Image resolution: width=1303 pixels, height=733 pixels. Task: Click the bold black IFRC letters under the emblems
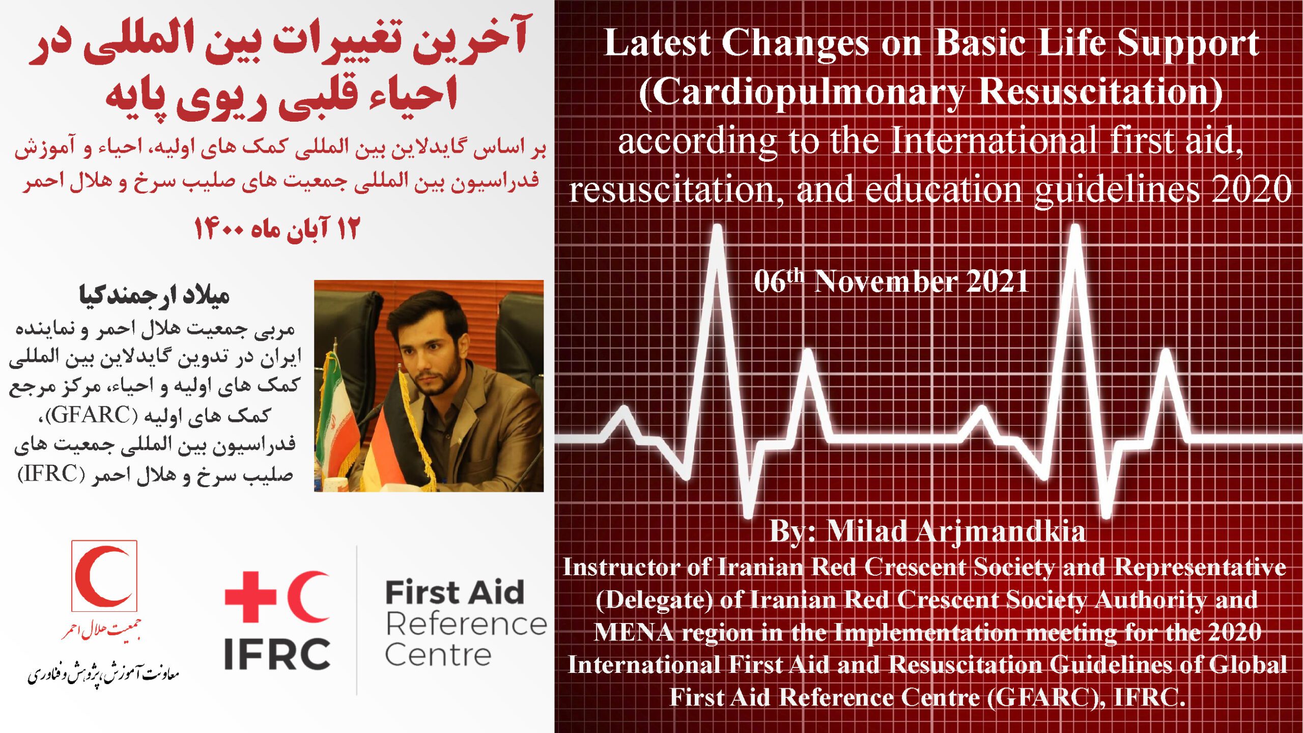click(277, 654)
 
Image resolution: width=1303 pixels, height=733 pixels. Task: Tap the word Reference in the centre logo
click(466, 624)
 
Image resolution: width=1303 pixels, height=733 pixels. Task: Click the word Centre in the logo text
click(438, 655)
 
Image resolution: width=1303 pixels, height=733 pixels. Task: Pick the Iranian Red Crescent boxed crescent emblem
click(104, 576)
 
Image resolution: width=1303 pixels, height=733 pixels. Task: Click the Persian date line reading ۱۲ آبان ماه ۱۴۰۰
click(277, 229)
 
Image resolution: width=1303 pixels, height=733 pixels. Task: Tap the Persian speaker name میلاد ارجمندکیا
click(154, 295)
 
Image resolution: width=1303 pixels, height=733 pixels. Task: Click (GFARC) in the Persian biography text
click(92, 415)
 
